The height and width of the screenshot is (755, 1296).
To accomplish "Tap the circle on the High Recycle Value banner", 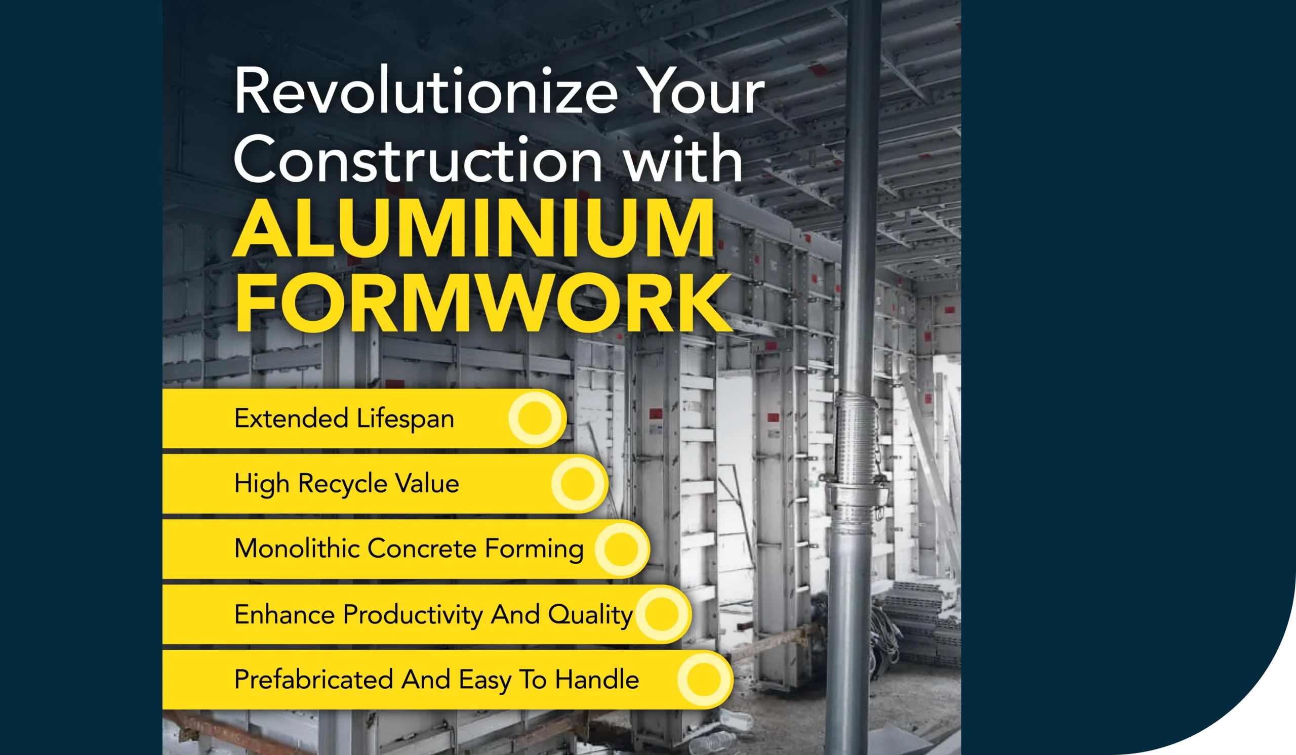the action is point(577,484).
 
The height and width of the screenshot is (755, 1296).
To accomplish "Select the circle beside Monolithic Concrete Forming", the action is point(620,549).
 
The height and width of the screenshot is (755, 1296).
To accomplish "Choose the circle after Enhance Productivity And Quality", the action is point(661,614).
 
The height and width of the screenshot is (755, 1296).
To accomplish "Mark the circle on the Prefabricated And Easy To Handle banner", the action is point(704,679).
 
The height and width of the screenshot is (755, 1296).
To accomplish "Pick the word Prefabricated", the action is point(314,680).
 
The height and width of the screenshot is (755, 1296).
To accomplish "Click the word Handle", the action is point(596,680).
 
